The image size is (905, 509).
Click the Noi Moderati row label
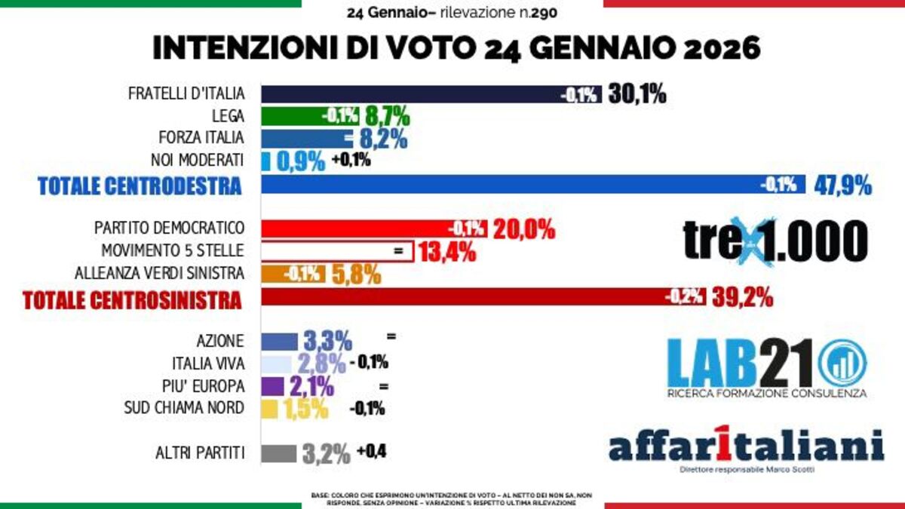(198, 160)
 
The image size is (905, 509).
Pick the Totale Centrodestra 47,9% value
(842, 185)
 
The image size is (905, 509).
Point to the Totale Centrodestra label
(140, 186)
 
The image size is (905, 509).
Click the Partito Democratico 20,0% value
(524, 228)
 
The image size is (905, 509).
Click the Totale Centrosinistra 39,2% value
(742, 298)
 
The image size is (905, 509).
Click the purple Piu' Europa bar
(272, 386)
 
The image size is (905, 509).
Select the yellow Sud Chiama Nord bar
(269, 408)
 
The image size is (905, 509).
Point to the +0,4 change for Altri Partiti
(372, 451)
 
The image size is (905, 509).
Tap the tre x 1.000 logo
(775, 241)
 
